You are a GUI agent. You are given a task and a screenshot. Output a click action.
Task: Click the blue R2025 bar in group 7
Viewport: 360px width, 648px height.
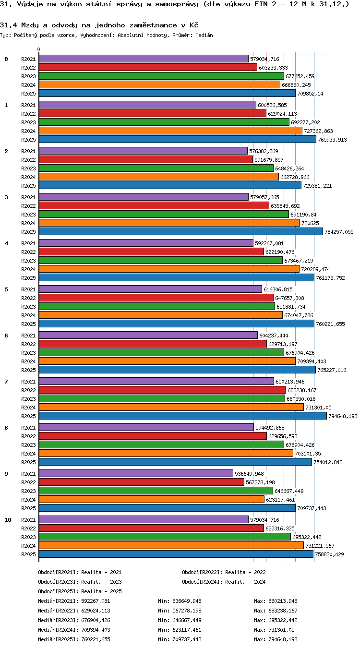[x=182, y=416]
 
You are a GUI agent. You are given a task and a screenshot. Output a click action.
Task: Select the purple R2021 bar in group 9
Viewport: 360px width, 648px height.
[x=136, y=473]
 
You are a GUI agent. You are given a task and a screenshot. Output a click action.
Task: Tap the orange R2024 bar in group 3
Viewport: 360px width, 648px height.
[x=169, y=223]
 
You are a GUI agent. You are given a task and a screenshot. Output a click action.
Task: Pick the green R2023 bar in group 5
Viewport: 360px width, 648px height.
[x=157, y=306]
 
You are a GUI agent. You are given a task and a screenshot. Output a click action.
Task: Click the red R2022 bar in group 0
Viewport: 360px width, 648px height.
[x=148, y=67]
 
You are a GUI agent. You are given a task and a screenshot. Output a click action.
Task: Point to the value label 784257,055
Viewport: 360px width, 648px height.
[x=339, y=232]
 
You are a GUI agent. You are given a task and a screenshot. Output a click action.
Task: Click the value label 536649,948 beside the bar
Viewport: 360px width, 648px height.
[x=249, y=474]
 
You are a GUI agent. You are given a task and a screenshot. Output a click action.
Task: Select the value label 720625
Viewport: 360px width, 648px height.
[x=310, y=223]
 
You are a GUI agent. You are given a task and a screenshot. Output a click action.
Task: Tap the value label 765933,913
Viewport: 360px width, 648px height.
[x=332, y=140]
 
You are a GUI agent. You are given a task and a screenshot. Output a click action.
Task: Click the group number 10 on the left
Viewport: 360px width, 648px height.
[x=8, y=520]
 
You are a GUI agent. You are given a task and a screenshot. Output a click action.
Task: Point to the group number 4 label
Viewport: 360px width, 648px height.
[x=6, y=243]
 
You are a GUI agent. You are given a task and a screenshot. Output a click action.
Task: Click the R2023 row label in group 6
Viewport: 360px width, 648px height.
[x=28, y=353]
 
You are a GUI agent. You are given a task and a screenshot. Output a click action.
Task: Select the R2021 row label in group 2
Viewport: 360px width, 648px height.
[x=28, y=151]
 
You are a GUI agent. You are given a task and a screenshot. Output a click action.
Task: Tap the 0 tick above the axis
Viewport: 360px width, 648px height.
[x=38, y=49]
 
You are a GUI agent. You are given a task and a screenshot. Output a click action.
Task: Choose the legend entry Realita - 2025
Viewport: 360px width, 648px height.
[x=101, y=591]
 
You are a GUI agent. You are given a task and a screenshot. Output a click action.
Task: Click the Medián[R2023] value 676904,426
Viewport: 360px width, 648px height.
[x=96, y=620]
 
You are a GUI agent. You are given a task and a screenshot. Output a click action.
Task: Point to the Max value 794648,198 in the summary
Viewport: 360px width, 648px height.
[x=283, y=639]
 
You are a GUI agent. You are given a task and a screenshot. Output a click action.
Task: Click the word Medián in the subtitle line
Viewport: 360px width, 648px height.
[x=204, y=36]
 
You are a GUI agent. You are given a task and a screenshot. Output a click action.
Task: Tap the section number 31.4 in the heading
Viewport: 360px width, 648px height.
[x=8, y=25]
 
